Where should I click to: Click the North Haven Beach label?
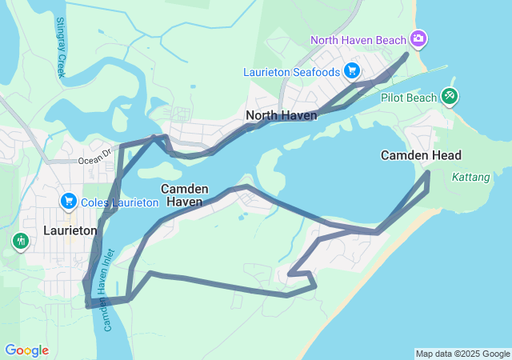[x=358, y=39]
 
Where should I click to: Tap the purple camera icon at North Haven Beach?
[x=418, y=38]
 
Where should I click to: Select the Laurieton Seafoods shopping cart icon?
[x=351, y=71]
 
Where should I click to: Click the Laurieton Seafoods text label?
[x=291, y=72]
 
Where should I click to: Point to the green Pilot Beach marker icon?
[x=450, y=97]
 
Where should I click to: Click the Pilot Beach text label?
[x=409, y=98]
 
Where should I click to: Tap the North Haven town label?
[x=281, y=115]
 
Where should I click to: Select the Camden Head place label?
[x=421, y=154]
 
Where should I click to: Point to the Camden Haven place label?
[x=185, y=195]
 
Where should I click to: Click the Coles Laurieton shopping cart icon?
[x=68, y=202]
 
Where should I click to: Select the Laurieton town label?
[x=70, y=230]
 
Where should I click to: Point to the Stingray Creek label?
[x=61, y=47]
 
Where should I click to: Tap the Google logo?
[x=26, y=350]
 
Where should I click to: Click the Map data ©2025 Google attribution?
[x=462, y=354]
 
